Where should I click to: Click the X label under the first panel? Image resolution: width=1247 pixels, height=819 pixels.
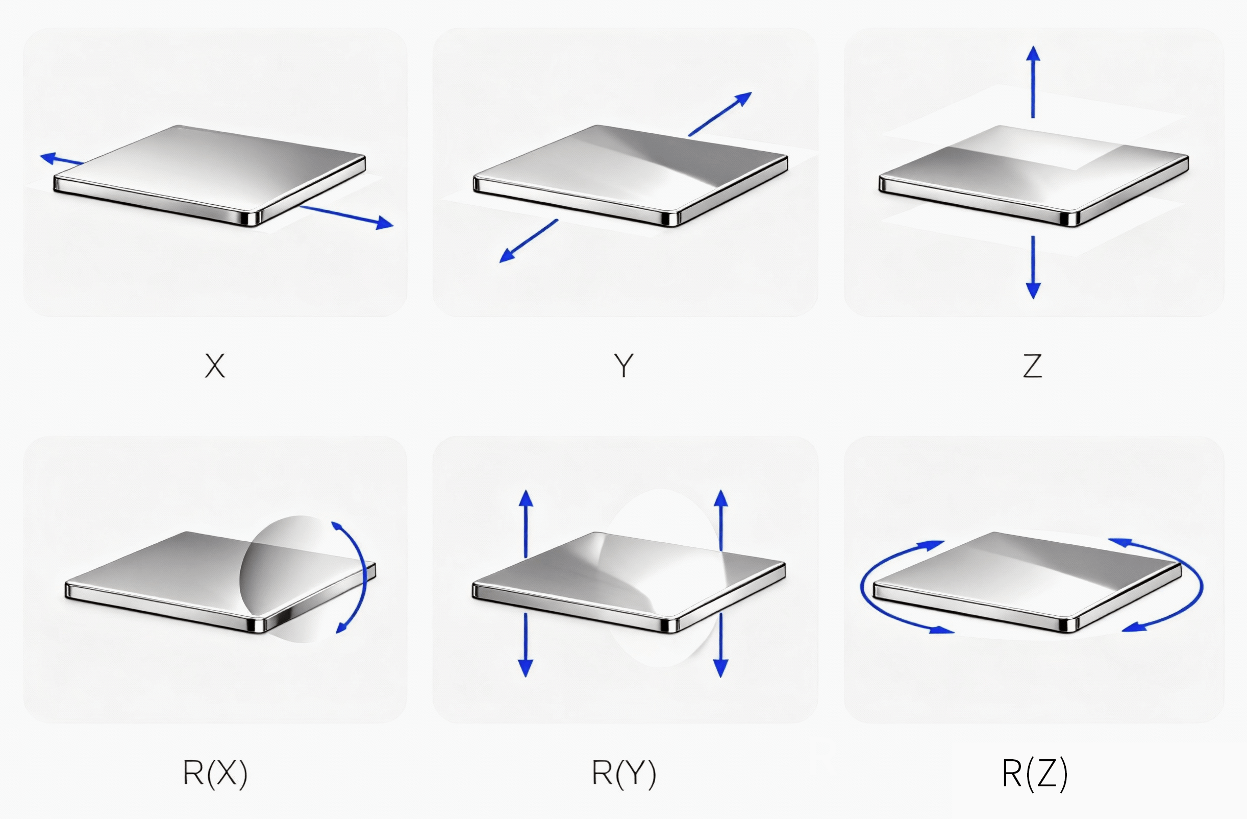[215, 366]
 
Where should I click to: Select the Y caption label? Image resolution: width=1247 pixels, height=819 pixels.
[624, 366]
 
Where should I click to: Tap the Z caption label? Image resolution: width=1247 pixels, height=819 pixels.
[1032, 366]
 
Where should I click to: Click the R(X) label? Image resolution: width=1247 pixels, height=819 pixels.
[215, 773]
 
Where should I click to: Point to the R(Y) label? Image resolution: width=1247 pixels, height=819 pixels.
[624, 773]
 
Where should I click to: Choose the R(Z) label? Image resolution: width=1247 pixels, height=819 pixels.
[1034, 773]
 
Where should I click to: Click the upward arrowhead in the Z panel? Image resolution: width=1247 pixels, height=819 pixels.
[1033, 54]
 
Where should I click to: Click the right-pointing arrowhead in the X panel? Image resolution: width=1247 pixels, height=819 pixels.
[385, 223]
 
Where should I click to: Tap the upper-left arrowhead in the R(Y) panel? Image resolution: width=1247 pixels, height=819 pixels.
[526, 499]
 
